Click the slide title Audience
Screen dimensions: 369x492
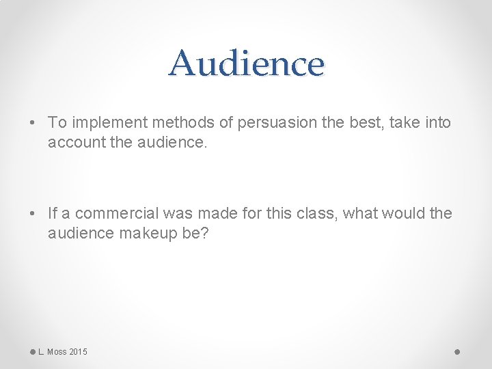(x=246, y=64)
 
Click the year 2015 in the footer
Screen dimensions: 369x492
(x=78, y=352)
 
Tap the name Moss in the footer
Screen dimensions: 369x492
(x=57, y=352)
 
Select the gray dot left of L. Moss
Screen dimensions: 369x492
(x=33, y=352)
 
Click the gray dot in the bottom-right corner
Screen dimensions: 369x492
(x=457, y=352)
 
